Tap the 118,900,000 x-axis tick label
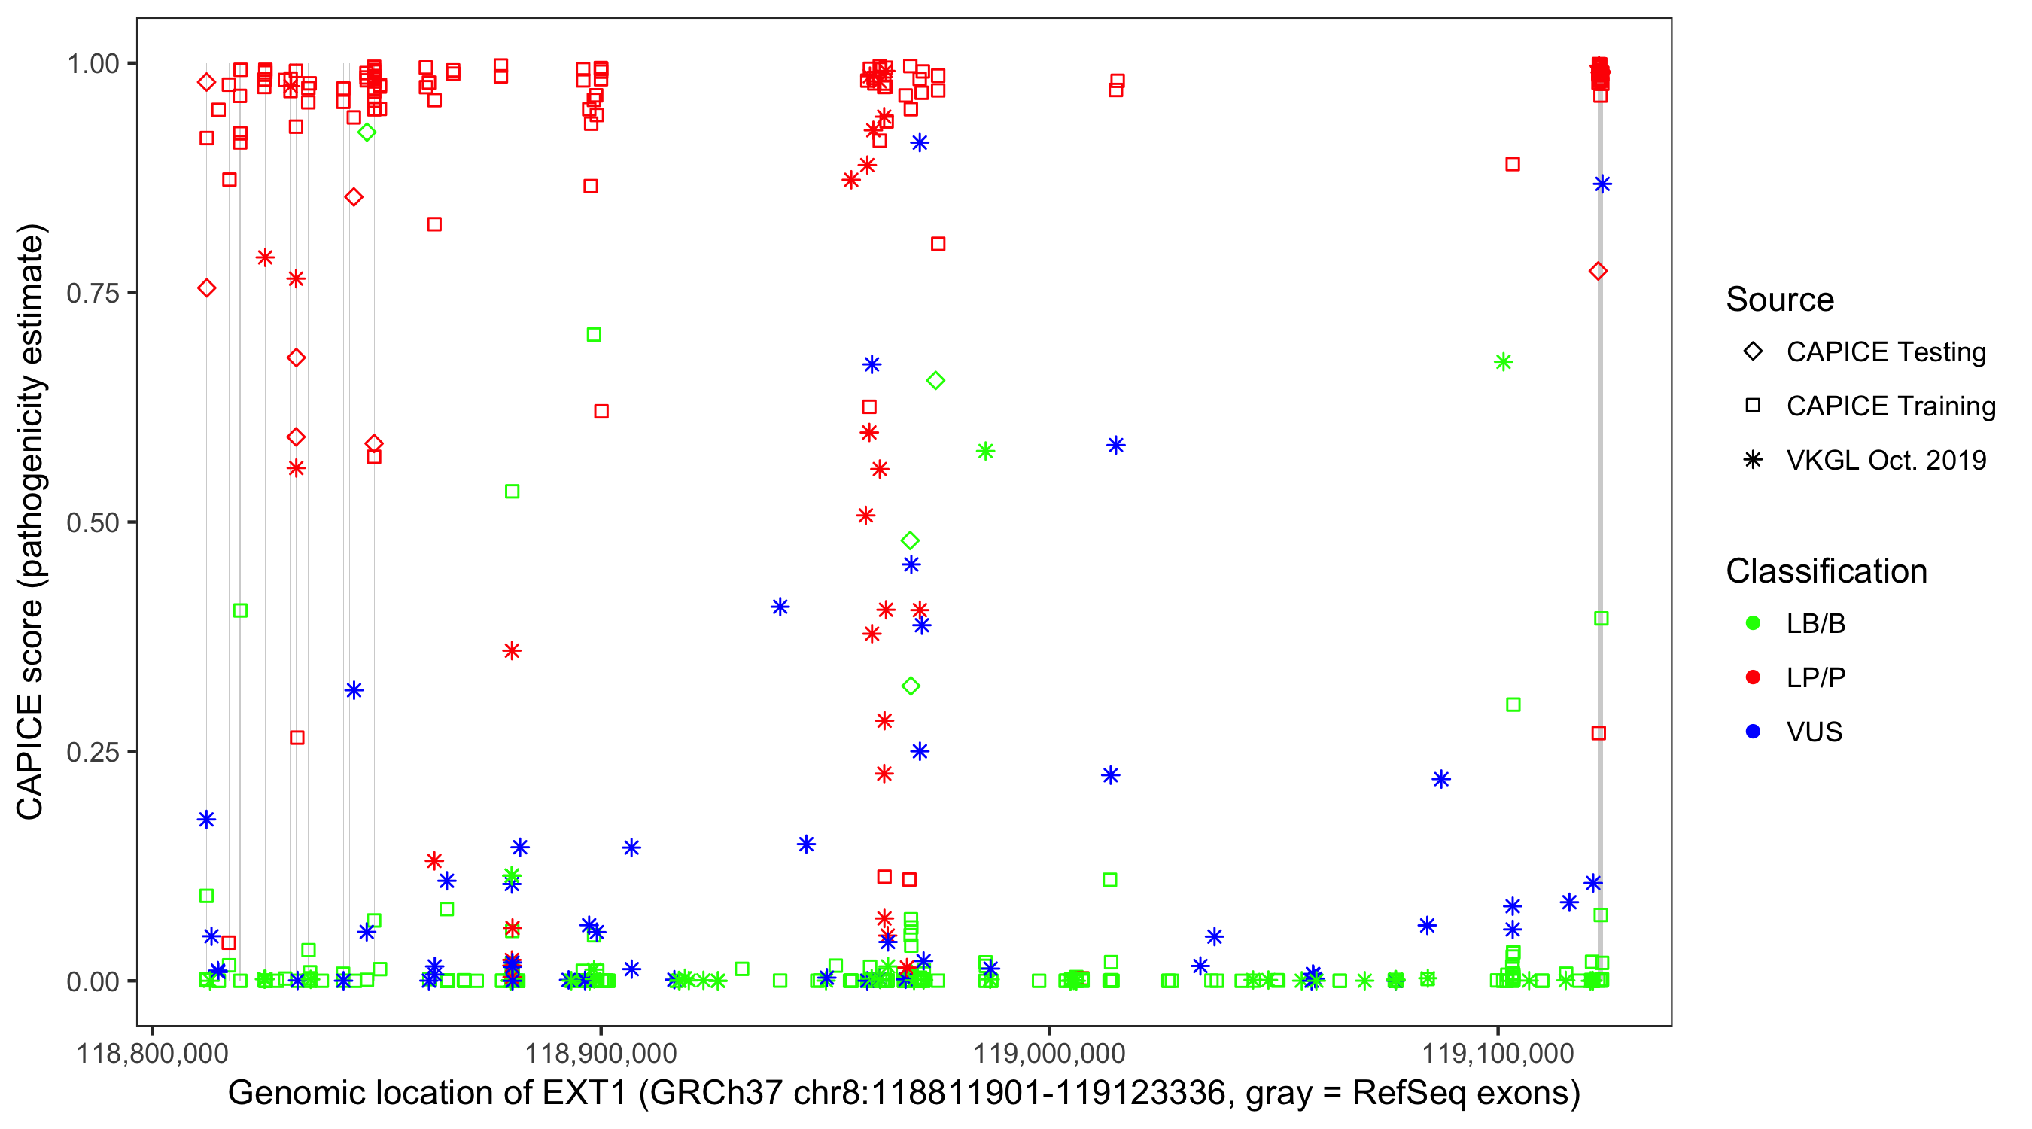pos(601,1053)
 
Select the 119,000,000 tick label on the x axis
pos(1049,1053)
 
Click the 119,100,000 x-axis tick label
pos(1497,1053)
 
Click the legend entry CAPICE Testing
pos(1885,352)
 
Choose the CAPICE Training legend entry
pos(1890,406)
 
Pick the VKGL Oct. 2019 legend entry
pos(1885,461)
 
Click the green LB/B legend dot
pos(1753,624)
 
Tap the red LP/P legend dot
pos(1753,677)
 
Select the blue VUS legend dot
pos(1753,732)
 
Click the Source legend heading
pos(1780,300)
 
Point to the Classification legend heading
pos(1826,571)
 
